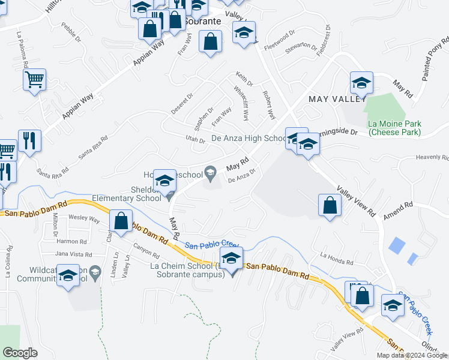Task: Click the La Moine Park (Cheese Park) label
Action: (x=403, y=128)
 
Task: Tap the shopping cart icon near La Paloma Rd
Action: (x=35, y=79)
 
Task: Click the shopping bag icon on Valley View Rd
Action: (x=330, y=205)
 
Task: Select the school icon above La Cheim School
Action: (x=231, y=259)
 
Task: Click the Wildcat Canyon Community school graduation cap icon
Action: (x=68, y=276)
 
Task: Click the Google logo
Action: (x=20, y=353)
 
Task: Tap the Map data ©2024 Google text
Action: (x=411, y=355)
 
